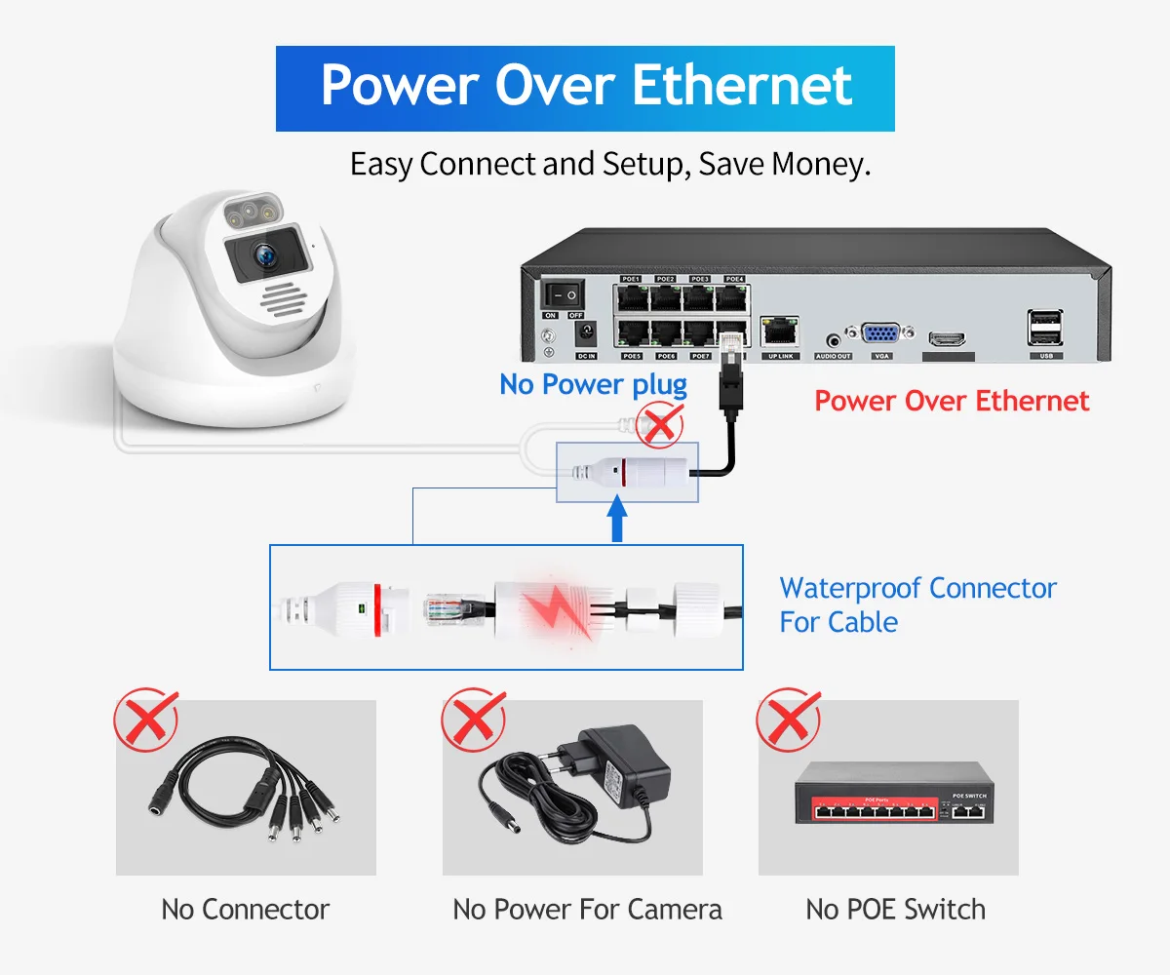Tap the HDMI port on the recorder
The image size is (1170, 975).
coord(947,339)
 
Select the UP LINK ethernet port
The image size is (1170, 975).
coord(780,332)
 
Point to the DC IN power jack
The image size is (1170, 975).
coord(586,334)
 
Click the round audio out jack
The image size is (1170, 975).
coord(833,340)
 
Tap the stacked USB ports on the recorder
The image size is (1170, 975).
coord(1045,328)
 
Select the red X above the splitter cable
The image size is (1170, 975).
coord(146,721)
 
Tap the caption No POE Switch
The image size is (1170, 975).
coord(895,910)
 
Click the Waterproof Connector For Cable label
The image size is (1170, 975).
coord(916,604)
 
